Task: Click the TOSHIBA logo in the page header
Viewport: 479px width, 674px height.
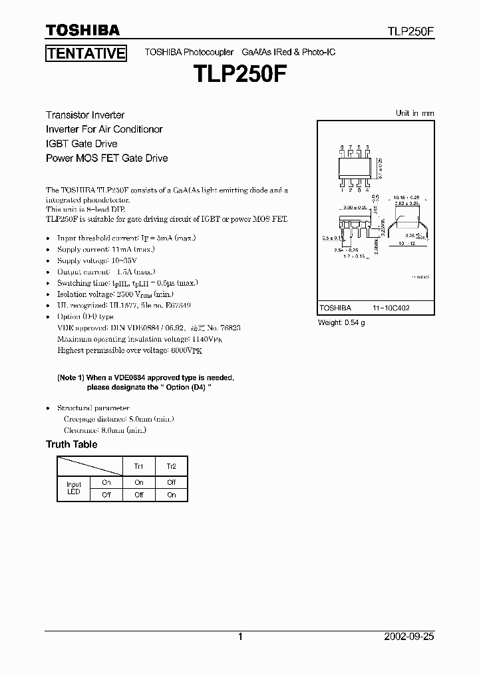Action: click(x=82, y=30)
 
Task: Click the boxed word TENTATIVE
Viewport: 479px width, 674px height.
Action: click(x=86, y=53)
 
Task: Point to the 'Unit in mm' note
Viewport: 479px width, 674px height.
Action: click(x=414, y=113)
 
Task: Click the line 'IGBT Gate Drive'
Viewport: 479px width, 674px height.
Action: click(x=81, y=144)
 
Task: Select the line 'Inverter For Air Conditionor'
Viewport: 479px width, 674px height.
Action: click(x=104, y=129)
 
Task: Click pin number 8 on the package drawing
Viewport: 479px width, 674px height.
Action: click(x=342, y=147)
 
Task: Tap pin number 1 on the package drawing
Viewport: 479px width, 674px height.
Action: click(x=342, y=189)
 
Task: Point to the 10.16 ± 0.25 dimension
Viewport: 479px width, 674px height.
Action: click(x=405, y=198)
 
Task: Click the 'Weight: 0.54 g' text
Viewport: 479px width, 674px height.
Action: click(x=341, y=322)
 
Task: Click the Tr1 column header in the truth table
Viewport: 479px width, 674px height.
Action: click(x=138, y=466)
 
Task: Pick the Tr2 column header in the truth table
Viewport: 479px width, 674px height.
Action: click(x=171, y=466)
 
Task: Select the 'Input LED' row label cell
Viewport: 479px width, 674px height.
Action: click(x=74, y=488)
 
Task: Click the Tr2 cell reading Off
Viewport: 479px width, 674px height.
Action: click(x=171, y=482)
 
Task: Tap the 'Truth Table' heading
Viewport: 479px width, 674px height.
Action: click(x=71, y=444)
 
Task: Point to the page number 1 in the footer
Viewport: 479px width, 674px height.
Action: click(x=240, y=637)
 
